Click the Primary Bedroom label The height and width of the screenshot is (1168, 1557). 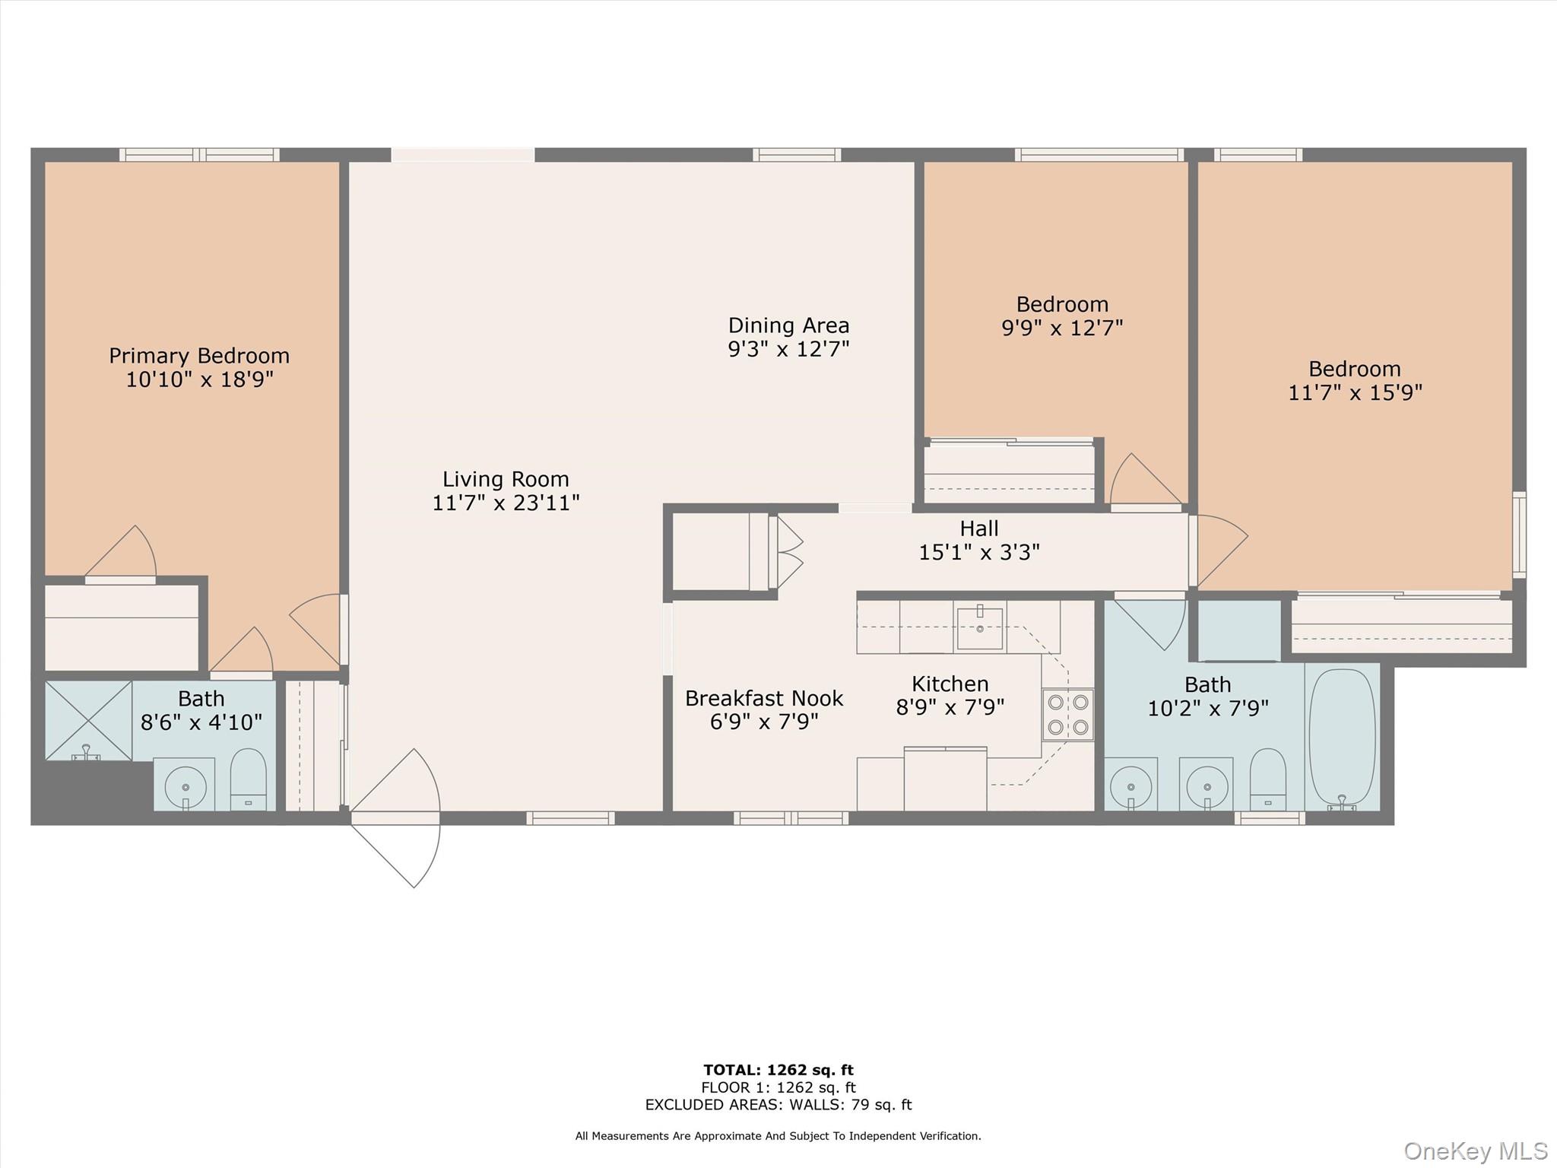pos(198,356)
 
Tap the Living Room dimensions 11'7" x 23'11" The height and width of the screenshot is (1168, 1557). pos(506,503)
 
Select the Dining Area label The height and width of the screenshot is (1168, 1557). pos(788,325)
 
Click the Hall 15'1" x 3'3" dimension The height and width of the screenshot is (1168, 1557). pos(978,552)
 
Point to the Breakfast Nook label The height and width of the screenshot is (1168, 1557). pos(764,698)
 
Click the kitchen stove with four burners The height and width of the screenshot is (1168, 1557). pos(1067,715)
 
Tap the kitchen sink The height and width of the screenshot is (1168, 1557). pos(979,628)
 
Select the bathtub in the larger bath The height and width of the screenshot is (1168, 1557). pos(1342,736)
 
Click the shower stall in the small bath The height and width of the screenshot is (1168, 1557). pos(88,719)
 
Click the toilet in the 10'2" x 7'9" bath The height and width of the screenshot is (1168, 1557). pos(1267,779)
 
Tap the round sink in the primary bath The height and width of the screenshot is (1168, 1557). pos(185,784)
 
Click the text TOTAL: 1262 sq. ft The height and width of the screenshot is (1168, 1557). pos(778,1070)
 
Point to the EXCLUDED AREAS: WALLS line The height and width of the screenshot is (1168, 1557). pos(778,1105)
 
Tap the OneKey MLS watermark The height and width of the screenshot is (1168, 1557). pos(1475,1151)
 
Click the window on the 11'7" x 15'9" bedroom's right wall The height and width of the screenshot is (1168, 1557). pos(1518,534)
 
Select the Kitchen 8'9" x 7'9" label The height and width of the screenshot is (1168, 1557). pos(950,695)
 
